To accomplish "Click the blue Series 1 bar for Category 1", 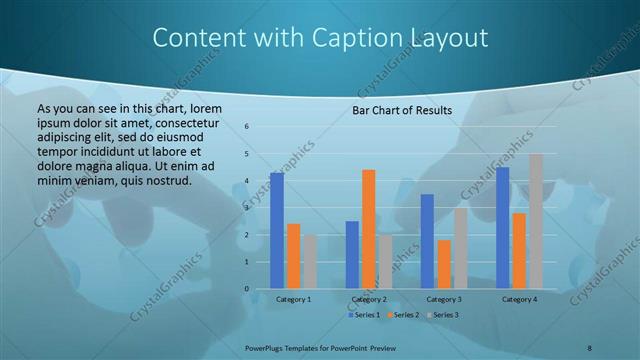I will point(277,231).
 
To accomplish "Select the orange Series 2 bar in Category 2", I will point(369,229).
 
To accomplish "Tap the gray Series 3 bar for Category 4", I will point(536,221).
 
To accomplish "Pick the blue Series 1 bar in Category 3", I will point(427,241).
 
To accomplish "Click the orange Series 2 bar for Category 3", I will point(444,264).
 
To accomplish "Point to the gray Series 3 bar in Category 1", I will point(310,262).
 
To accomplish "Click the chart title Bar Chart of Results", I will point(402,110).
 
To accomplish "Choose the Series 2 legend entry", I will point(403,315).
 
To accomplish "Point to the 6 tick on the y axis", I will point(247,127).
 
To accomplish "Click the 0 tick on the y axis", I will point(247,289).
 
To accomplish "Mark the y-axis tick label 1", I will point(247,262).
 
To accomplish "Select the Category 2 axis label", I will point(369,299).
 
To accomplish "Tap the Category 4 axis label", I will point(519,299).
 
